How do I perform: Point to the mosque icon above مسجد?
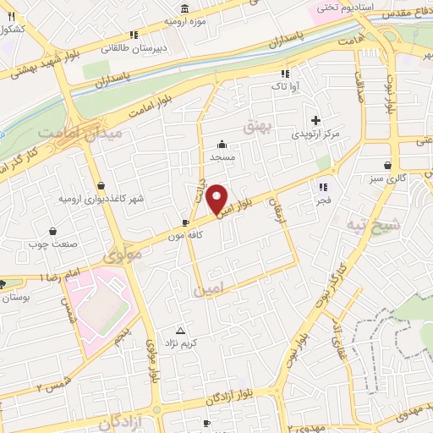click(222, 143)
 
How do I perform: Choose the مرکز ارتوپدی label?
click(315, 134)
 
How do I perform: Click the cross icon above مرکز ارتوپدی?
click(316, 120)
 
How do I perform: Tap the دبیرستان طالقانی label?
click(131, 48)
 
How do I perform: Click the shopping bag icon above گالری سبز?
click(387, 165)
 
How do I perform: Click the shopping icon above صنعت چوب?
click(53, 230)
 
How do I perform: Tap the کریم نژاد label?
click(180, 343)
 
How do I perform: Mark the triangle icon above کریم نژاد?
click(179, 330)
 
